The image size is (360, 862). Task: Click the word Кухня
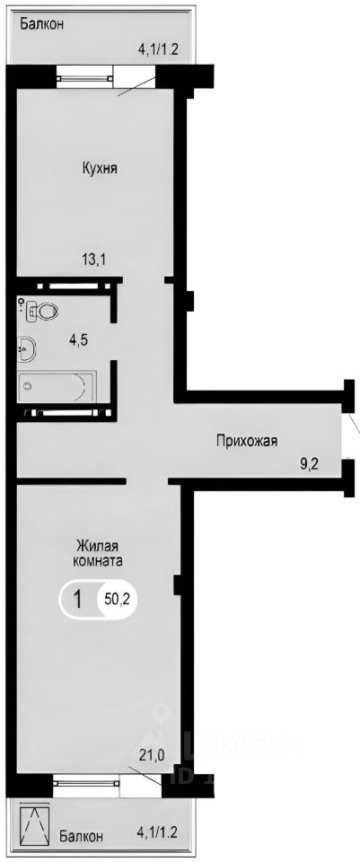tap(99, 168)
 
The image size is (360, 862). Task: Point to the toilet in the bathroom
tap(41, 312)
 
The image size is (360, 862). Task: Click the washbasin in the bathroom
tap(26, 348)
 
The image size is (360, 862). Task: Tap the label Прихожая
tap(246, 440)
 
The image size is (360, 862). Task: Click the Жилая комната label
tap(99, 552)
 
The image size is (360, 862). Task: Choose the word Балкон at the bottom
tap(82, 836)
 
